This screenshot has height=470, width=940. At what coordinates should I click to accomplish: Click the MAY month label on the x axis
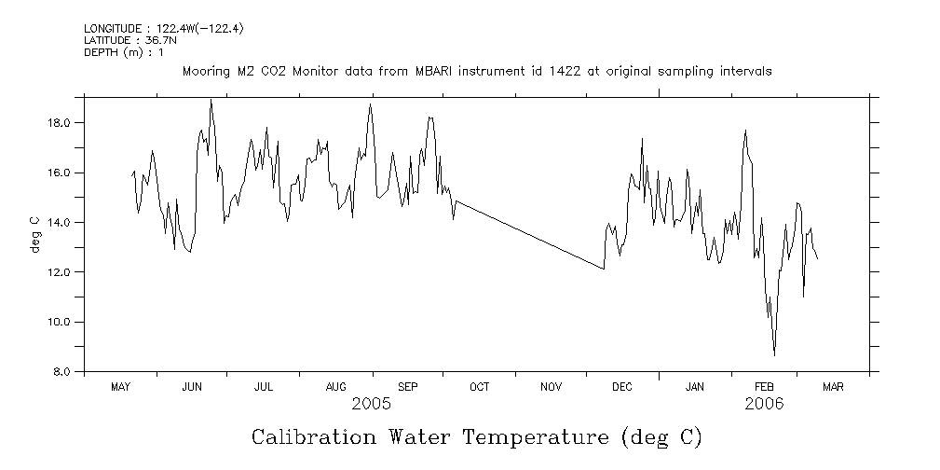[x=120, y=387]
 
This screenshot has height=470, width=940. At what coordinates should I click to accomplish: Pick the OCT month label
[x=479, y=387]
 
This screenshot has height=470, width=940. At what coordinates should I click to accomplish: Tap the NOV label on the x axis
[x=551, y=387]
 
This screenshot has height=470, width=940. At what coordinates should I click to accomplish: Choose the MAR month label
[x=833, y=387]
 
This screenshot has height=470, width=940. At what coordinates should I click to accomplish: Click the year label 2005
[x=371, y=404]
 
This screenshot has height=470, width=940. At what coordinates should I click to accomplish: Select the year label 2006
[x=764, y=404]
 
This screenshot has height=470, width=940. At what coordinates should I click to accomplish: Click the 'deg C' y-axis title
[x=35, y=234]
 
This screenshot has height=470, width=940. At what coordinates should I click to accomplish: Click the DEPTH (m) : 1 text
[x=123, y=52]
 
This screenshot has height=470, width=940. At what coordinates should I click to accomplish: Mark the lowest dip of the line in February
[x=774, y=355]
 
